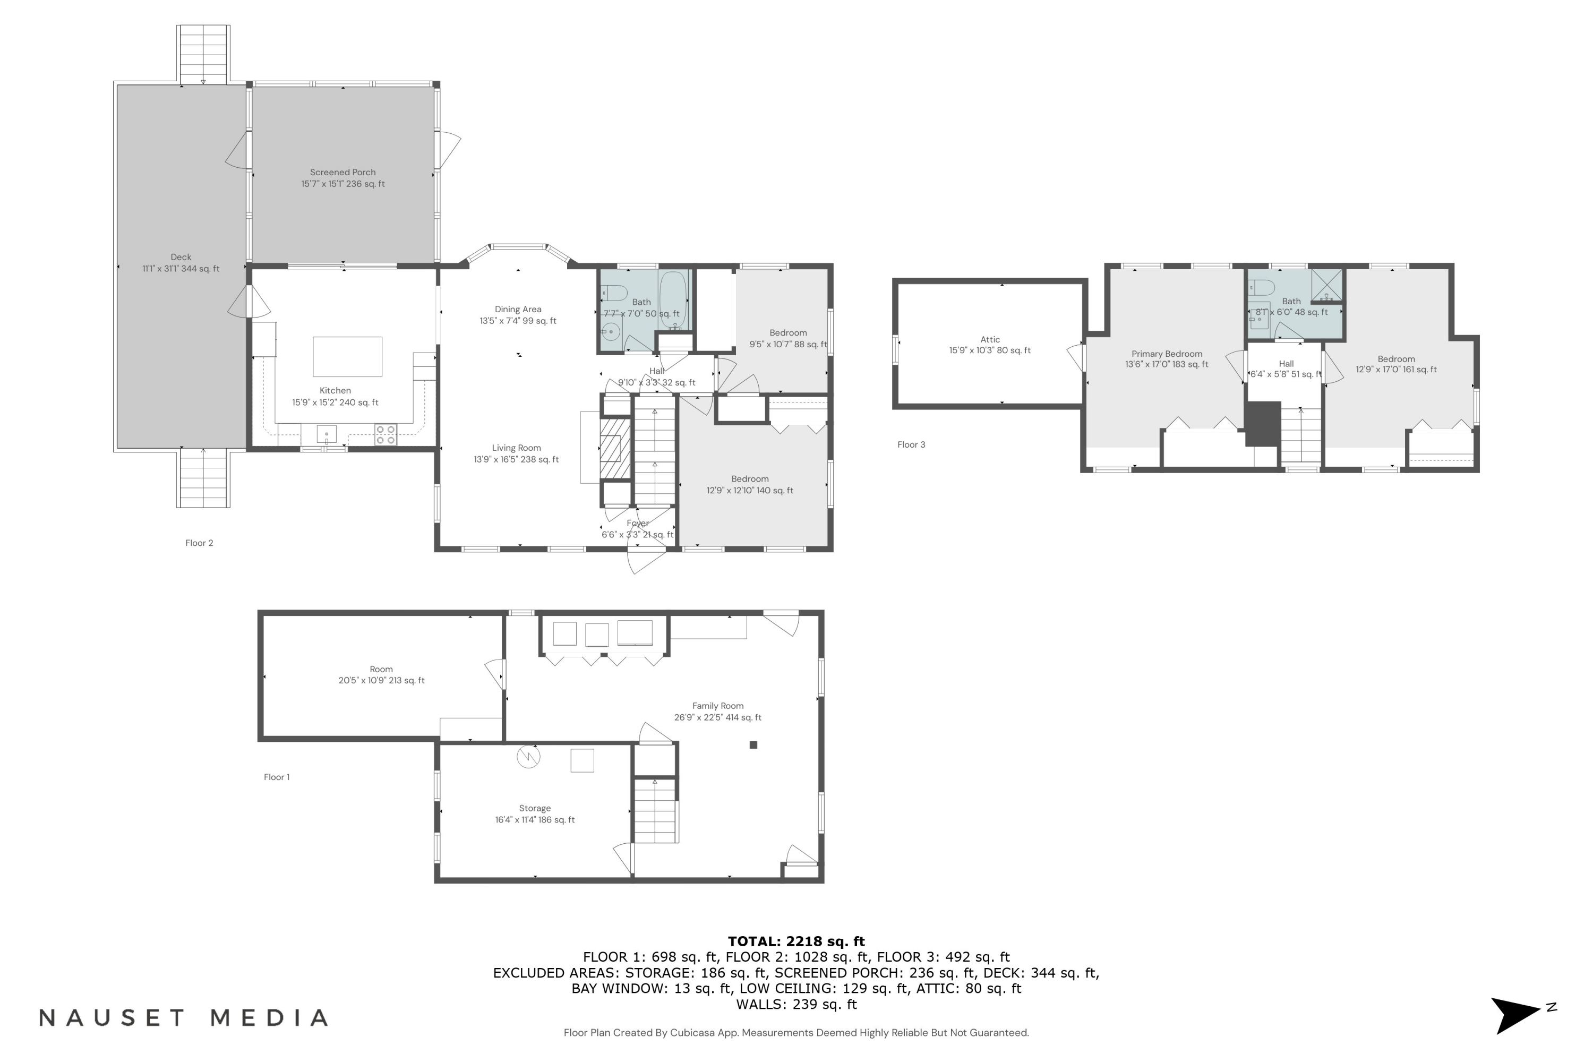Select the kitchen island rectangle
(x=347, y=356)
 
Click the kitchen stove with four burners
(x=386, y=435)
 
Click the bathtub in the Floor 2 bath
(x=673, y=300)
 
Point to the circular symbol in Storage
(x=528, y=757)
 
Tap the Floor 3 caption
(x=911, y=444)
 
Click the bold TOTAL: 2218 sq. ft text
(x=796, y=941)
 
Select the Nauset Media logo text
(x=184, y=1017)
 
